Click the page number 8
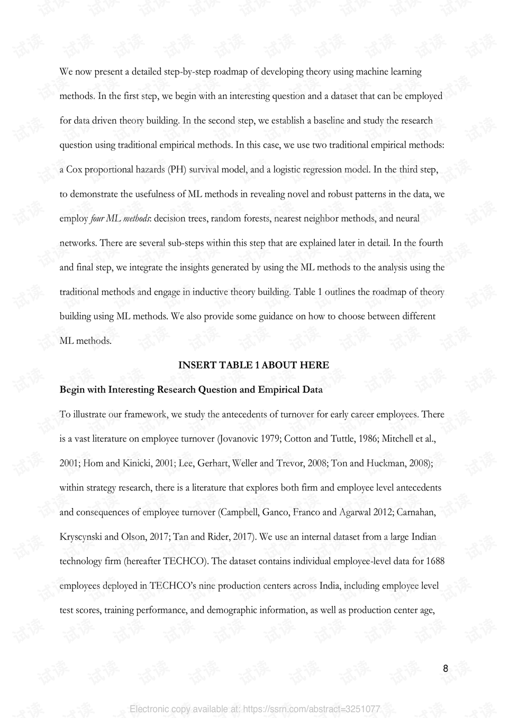(x=445, y=668)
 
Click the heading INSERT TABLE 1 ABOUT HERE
(x=253, y=365)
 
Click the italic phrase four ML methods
(x=120, y=219)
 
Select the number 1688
(x=435, y=561)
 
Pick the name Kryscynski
(x=80, y=537)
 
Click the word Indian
(x=423, y=537)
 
